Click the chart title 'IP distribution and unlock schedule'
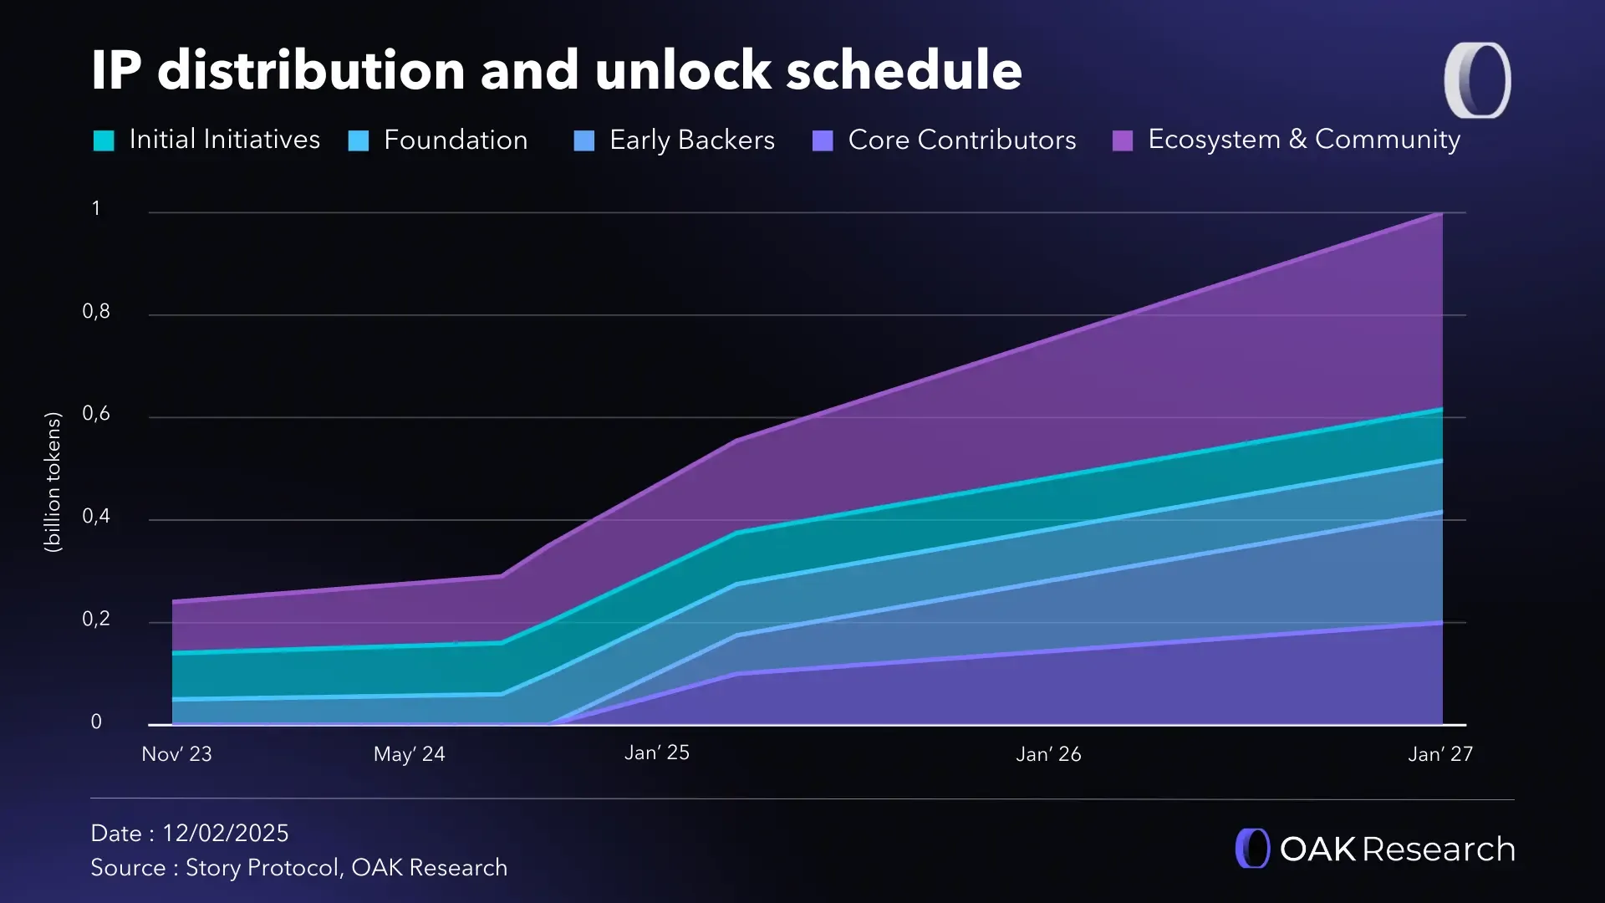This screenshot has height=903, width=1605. pyautogui.click(x=556, y=69)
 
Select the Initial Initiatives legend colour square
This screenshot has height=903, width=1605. pyautogui.click(x=104, y=140)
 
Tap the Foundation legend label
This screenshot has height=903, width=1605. pyautogui.click(x=456, y=140)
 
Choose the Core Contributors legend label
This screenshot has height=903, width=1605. pyautogui.click(x=961, y=140)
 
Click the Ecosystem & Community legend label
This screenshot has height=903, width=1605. pyautogui.click(x=1303, y=140)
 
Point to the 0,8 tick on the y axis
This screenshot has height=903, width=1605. pyautogui.click(x=96, y=312)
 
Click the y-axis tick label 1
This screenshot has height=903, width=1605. pyautogui.click(x=96, y=208)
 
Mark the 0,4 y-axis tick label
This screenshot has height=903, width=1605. pyautogui.click(x=96, y=517)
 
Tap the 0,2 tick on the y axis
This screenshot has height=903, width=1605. pyautogui.click(x=96, y=620)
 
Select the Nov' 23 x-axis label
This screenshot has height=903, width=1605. pyautogui.click(x=176, y=754)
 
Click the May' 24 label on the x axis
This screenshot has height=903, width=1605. pyautogui.click(x=409, y=754)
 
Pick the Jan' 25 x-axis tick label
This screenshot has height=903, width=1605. pyautogui.click(x=656, y=752)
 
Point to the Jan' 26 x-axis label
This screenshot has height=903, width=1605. pyautogui.click(x=1048, y=754)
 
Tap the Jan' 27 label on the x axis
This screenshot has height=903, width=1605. pyautogui.click(x=1439, y=754)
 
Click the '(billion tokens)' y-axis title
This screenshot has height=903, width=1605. pyautogui.click(x=53, y=482)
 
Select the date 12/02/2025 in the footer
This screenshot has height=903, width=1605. pyautogui.click(x=225, y=833)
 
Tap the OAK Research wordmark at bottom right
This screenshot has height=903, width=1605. pyautogui.click(x=1397, y=849)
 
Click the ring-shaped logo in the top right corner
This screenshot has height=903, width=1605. pyautogui.click(x=1477, y=80)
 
